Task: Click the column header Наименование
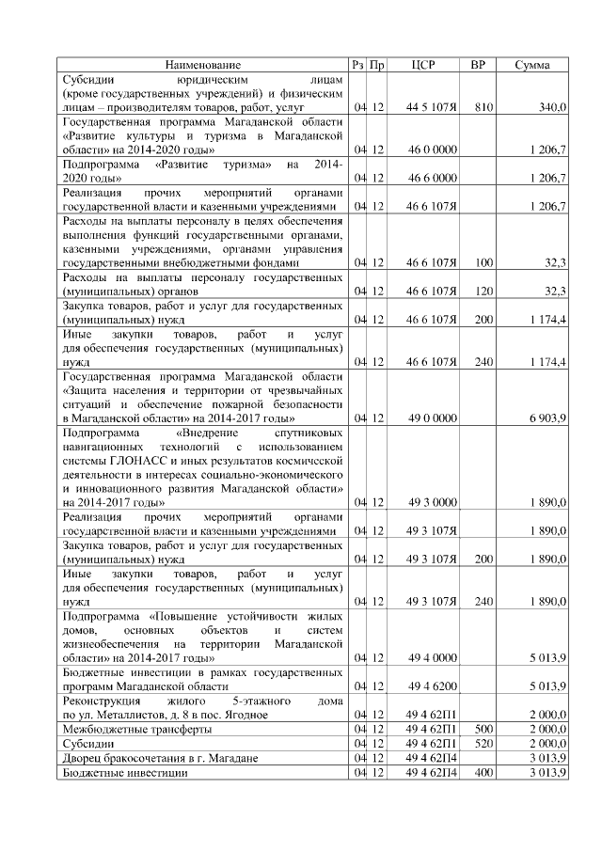pyautogui.click(x=202, y=65)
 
